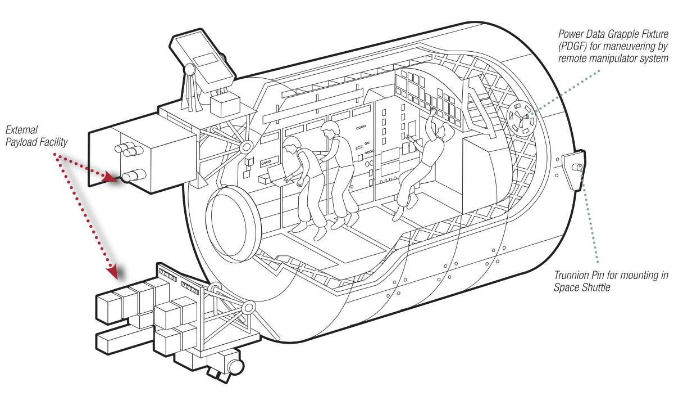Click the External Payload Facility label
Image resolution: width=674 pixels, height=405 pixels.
tap(37, 137)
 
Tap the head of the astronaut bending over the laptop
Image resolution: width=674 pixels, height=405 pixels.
tap(292, 148)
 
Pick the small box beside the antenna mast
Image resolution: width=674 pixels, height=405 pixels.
tap(225, 104)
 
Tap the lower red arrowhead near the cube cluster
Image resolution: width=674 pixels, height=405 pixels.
tap(119, 272)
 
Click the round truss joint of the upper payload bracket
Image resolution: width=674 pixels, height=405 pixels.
tap(245, 147)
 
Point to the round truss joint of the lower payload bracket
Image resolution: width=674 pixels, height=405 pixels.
tap(248, 308)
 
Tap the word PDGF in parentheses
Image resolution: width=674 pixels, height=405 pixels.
tap(572, 47)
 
